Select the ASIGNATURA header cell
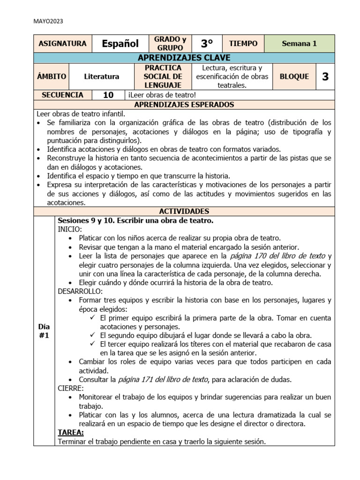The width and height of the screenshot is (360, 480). point(62,44)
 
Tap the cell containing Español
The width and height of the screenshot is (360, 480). point(120,44)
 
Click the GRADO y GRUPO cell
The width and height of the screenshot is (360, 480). point(170,44)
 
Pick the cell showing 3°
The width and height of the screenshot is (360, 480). point(207,44)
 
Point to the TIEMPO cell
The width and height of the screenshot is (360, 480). point(243,44)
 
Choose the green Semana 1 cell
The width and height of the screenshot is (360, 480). point(300,44)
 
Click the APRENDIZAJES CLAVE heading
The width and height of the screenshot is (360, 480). point(184,58)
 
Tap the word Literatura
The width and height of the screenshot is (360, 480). point(102,76)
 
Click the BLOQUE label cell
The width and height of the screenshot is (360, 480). point(294,76)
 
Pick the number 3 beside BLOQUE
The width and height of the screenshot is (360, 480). point(325,76)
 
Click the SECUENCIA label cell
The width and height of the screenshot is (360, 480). point(62,95)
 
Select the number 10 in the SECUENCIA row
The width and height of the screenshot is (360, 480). point(108,95)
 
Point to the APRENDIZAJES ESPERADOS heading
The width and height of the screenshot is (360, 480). point(184,105)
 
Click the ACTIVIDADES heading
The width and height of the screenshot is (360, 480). point(184,211)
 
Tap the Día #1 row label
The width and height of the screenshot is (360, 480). point(44,330)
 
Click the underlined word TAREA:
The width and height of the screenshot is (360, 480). point(71,432)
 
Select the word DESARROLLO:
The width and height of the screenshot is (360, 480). point(80,291)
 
